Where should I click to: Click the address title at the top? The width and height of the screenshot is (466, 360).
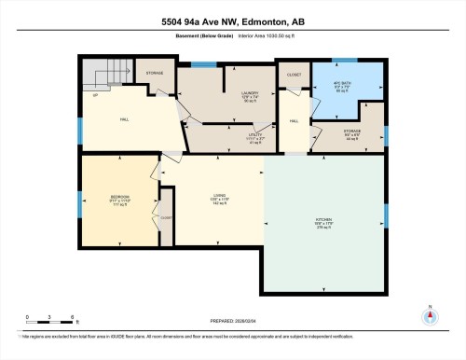232,21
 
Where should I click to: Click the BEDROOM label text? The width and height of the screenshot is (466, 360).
119,199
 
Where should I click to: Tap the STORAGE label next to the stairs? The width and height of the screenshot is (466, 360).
154,73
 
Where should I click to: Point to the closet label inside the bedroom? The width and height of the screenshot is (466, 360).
165,216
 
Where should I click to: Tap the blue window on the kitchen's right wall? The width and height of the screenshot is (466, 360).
386,215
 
